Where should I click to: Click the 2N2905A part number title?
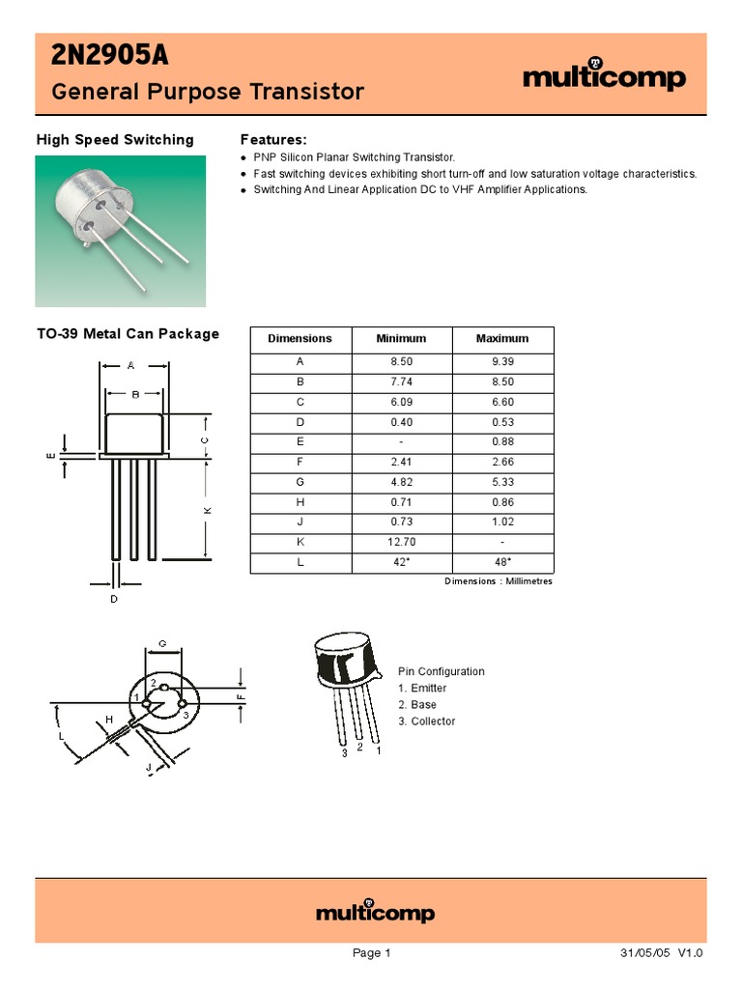(x=109, y=58)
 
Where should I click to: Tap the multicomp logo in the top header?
(x=604, y=77)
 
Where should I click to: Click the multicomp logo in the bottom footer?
(x=376, y=913)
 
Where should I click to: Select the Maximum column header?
(x=502, y=339)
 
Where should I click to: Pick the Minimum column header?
(x=401, y=339)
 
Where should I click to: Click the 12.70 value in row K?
(x=401, y=543)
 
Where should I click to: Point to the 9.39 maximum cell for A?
(x=502, y=361)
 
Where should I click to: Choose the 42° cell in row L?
(x=401, y=563)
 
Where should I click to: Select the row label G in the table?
(x=300, y=482)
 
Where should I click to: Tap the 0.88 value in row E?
(x=502, y=442)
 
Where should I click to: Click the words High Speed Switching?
(x=115, y=140)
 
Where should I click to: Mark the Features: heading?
(x=273, y=140)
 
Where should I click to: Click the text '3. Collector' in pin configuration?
(x=426, y=721)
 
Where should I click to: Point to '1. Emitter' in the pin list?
(x=422, y=689)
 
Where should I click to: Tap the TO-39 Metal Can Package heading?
(x=128, y=334)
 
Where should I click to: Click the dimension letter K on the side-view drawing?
(x=207, y=509)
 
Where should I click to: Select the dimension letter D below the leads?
(x=113, y=600)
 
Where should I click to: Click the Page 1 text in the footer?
(x=371, y=953)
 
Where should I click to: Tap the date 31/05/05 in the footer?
(x=645, y=953)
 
